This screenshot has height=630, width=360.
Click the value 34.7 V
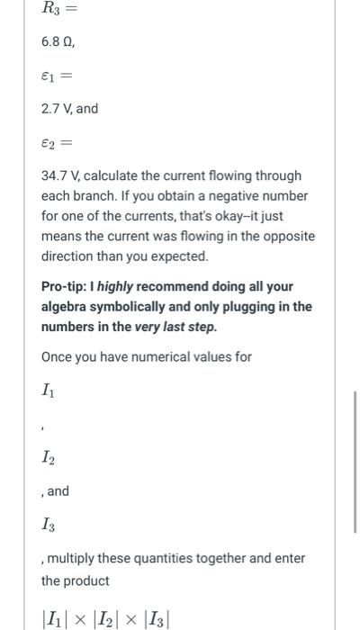click(x=59, y=175)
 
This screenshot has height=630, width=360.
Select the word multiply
click(x=76, y=558)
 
